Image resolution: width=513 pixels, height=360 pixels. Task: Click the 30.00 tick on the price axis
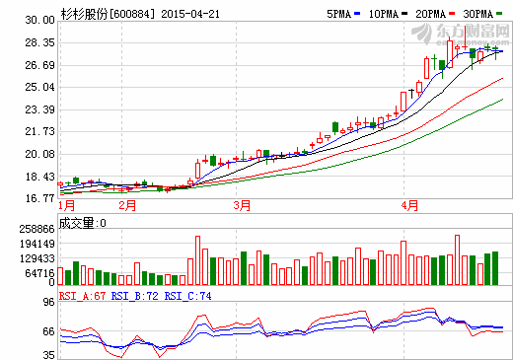click(x=39, y=20)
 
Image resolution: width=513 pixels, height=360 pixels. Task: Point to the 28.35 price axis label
click(x=39, y=42)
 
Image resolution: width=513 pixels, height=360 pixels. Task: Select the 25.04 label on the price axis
click(x=39, y=87)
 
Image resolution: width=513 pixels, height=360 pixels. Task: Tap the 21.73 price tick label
click(x=39, y=131)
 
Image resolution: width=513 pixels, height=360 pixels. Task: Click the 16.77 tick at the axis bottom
click(x=39, y=197)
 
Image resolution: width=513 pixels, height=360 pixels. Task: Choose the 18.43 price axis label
click(x=39, y=177)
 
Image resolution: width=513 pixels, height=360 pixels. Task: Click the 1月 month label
click(x=67, y=206)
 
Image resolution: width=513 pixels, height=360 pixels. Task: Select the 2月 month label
click(x=126, y=206)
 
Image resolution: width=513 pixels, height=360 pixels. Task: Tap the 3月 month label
click(x=242, y=206)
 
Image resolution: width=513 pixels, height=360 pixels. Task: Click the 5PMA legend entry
click(x=335, y=15)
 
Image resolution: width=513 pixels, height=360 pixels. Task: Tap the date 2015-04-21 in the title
click(x=187, y=15)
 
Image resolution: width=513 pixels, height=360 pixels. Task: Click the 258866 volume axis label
click(x=36, y=228)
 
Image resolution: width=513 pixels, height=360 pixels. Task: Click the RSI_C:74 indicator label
click(x=187, y=295)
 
